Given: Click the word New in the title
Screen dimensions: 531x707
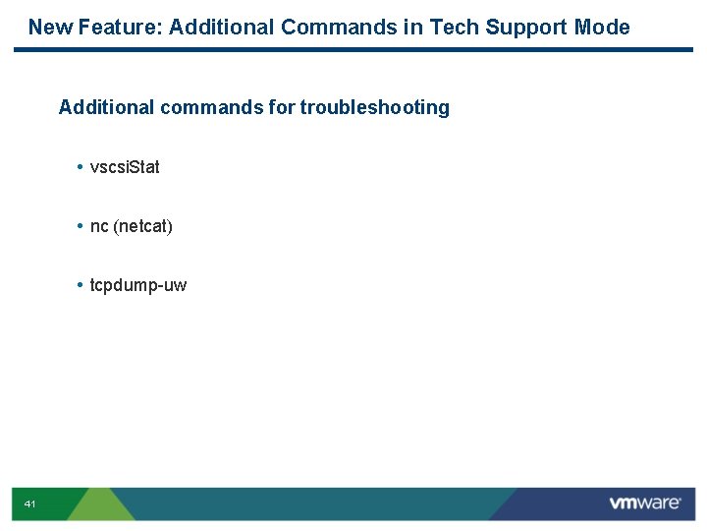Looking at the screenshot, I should pyautogui.click(x=47, y=28).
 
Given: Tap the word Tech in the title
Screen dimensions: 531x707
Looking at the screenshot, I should pyautogui.click(x=454, y=28).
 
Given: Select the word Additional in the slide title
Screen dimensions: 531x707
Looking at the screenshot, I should pyautogui.click(x=221, y=28).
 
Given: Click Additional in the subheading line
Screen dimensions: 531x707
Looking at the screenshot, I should pyautogui.click(x=106, y=107).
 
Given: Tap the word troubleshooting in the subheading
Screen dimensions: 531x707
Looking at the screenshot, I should pyautogui.click(x=375, y=108).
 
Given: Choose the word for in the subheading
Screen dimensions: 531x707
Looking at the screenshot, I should pyautogui.click(x=281, y=107).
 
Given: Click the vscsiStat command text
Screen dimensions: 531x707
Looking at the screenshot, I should pyautogui.click(x=125, y=167).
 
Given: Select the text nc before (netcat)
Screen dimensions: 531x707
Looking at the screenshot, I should pyautogui.click(x=99, y=227).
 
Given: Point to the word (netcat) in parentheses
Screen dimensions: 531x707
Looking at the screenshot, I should pyautogui.click(x=143, y=227).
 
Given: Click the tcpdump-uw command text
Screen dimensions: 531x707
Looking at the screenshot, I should pyautogui.click(x=138, y=286).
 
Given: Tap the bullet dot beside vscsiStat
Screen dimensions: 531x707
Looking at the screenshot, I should pyautogui.click(x=80, y=167).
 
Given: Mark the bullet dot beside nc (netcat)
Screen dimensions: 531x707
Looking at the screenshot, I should pyautogui.click(x=80, y=226).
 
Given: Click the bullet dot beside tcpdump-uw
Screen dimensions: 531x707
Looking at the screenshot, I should pyautogui.click(x=80, y=285).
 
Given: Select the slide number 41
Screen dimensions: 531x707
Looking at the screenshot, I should pyautogui.click(x=30, y=504).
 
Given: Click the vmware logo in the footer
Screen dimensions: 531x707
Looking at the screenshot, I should pyautogui.click(x=644, y=503).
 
